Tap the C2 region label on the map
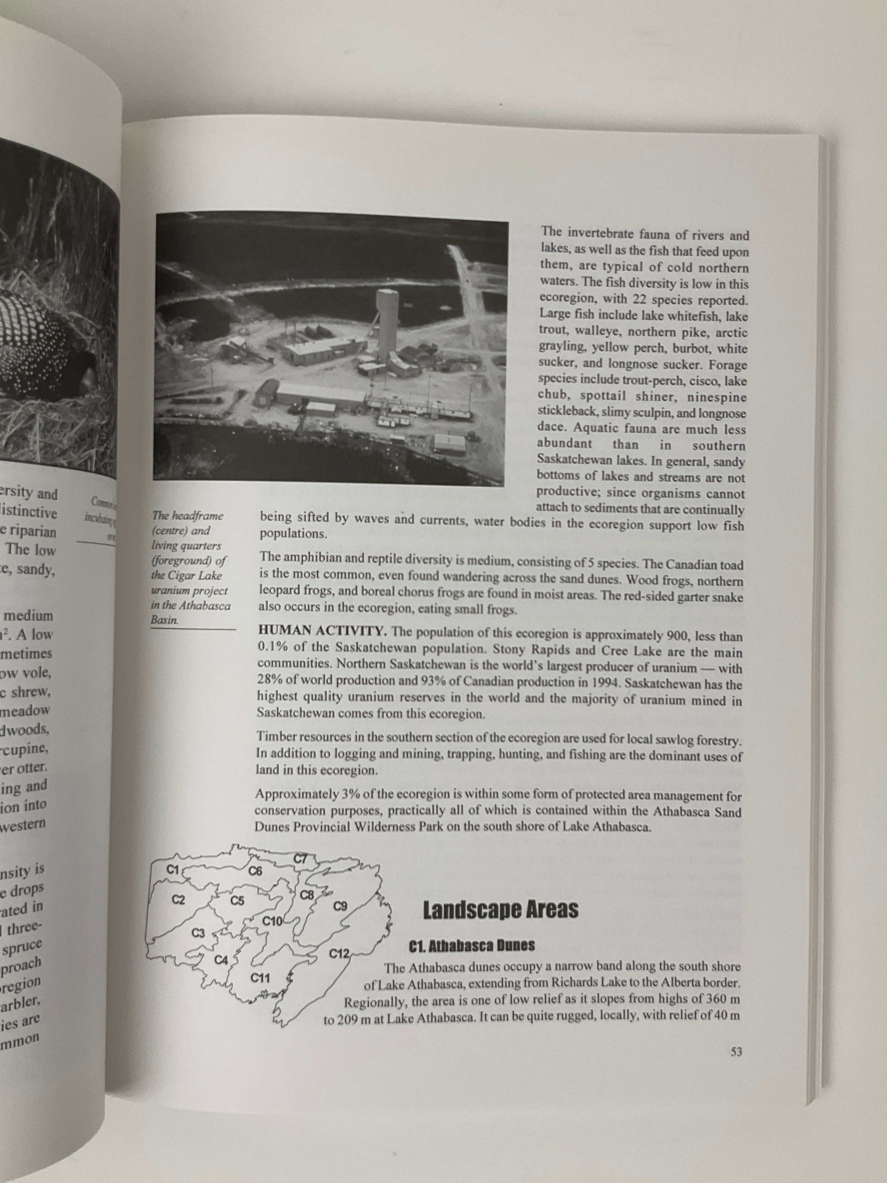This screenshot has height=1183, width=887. click(x=178, y=900)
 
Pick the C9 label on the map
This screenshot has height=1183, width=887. click(x=341, y=907)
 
